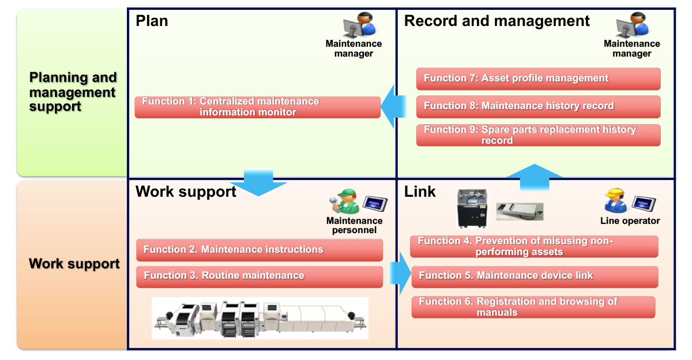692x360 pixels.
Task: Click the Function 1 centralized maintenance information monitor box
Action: click(257, 107)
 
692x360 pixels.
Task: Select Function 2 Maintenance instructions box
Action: click(259, 250)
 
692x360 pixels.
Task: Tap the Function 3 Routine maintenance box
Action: click(259, 276)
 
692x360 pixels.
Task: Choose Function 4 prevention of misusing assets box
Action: click(533, 246)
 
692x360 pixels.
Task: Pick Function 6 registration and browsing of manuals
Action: click(533, 307)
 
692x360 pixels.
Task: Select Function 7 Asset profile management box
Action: click(538, 78)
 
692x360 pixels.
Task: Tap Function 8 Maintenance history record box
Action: click(538, 106)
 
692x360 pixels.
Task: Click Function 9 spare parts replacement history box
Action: click(538, 135)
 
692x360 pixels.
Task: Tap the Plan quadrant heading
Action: click(152, 21)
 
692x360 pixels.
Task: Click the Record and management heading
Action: click(497, 21)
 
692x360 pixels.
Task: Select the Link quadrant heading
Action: click(420, 192)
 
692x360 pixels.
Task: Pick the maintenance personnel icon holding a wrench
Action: click(344, 202)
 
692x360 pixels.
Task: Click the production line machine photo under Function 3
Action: click(259, 318)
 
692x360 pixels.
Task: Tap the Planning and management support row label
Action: click(73, 92)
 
